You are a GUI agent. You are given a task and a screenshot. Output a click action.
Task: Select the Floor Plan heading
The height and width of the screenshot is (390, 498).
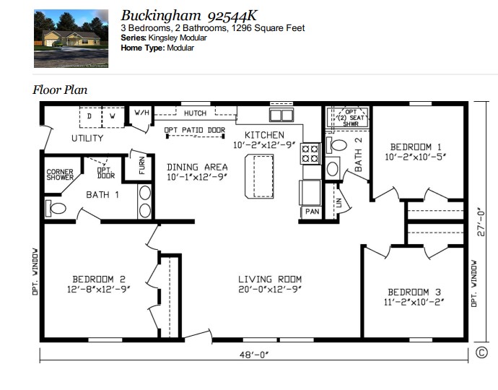[60, 90]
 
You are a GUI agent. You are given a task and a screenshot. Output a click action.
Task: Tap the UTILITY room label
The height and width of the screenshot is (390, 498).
[87, 138]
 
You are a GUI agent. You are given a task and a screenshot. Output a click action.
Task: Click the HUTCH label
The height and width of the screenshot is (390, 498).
[195, 113]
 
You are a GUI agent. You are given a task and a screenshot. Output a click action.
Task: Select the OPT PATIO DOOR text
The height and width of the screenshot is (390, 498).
[194, 131]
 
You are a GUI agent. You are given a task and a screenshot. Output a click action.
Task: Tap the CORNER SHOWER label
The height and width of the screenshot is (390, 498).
[60, 175]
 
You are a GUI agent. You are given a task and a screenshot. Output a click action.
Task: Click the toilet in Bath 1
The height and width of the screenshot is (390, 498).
[56, 209]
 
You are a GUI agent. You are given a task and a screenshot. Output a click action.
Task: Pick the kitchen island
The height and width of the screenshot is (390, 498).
[259, 175]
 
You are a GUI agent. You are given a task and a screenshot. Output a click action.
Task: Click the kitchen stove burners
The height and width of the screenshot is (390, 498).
[310, 154]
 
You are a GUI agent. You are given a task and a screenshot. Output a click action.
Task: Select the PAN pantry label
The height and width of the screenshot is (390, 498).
[312, 212]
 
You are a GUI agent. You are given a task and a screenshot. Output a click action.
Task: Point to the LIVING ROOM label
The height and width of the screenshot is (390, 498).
[270, 279]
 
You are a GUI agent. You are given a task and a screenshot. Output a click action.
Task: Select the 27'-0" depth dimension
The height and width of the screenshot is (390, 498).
[481, 222]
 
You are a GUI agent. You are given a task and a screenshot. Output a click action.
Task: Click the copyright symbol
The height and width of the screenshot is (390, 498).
[481, 352]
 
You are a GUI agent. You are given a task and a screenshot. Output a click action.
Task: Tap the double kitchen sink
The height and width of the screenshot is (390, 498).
[281, 115]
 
